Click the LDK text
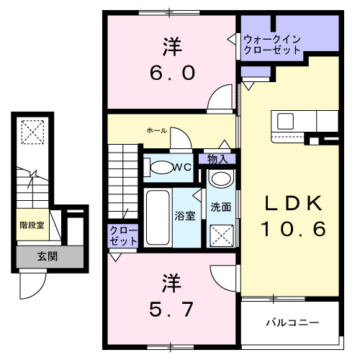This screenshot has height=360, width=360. coord(293,204)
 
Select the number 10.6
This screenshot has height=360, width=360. coord(293,230)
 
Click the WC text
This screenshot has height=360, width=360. coord(182,167)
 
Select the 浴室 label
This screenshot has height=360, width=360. coord(183,215)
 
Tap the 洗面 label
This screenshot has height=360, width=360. coord(220,207)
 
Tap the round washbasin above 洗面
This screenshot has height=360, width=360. coord(221,179)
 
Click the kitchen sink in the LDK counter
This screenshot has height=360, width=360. coord(282,120)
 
